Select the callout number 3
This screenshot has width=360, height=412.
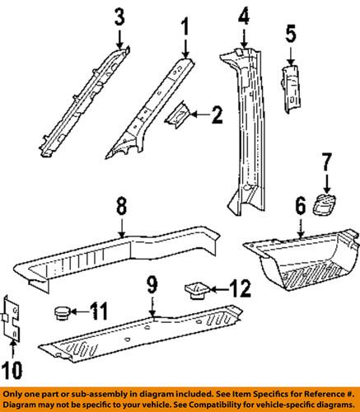(120, 16)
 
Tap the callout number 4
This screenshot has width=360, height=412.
(244, 16)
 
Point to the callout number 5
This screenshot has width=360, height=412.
(290, 35)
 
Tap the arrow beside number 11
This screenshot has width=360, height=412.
(79, 311)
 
